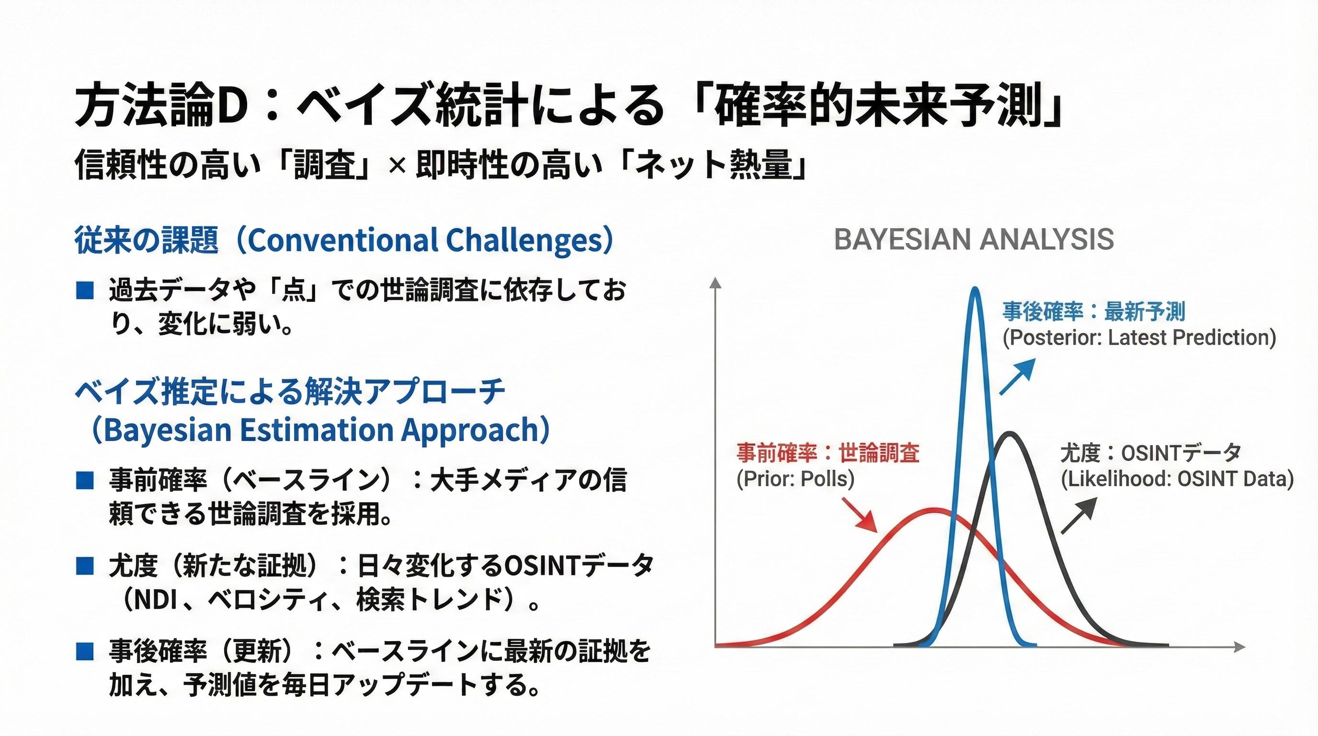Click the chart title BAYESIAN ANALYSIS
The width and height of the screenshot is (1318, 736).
(974, 240)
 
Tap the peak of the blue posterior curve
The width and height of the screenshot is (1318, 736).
(975, 289)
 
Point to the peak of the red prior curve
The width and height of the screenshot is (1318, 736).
(934, 510)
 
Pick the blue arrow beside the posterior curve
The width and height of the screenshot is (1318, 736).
(1018, 377)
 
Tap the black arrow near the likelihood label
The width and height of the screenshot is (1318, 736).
(1079, 516)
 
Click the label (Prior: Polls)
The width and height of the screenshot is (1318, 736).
(795, 479)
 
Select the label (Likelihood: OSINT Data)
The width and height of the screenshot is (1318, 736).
(1177, 479)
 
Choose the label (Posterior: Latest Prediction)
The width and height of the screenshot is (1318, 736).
(1139, 338)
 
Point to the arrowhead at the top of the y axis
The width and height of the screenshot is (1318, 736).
(716, 282)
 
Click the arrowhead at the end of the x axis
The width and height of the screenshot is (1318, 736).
(1239, 647)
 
